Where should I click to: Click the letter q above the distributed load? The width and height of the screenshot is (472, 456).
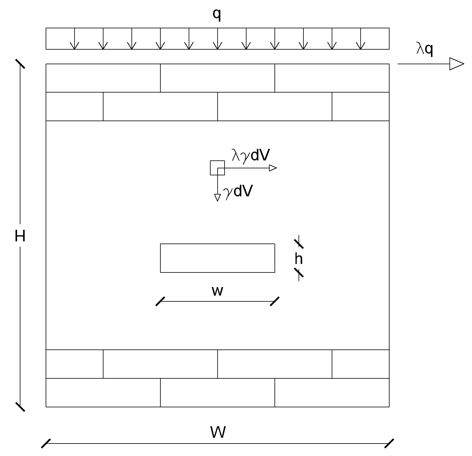pyautogui.click(x=217, y=15)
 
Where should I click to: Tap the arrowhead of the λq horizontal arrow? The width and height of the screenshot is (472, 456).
pyautogui.click(x=456, y=64)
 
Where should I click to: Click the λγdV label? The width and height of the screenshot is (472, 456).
pyautogui.click(x=250, y=155)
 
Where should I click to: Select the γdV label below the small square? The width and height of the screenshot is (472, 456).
pyautogui.click(x=238, y=191)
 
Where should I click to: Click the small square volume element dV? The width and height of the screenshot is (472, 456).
pyautogui.click(x=217, y=168)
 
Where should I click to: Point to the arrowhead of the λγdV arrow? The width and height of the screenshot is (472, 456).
pyautogui.click(x=273, y=168)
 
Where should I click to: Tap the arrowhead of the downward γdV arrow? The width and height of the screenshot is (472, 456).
pyautogui.click(x=217, y=198)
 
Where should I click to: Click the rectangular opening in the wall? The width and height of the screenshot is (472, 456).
pyautogui.click(x=217, y=258)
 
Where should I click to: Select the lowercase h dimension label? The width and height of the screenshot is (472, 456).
pyautogui.click(x=299, y=259)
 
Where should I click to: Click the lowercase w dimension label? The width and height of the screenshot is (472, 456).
pyautogui.click(x=217, y=291)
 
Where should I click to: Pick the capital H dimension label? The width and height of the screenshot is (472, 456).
pyautogui.click(x=20, y=236)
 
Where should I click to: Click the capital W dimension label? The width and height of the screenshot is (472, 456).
pyautogui.click(x=218, y=432)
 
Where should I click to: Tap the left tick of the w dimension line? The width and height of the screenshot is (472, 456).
pyautogui.click(x=160, y=301)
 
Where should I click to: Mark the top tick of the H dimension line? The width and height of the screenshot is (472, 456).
pyautogui.click(x=20, y=64)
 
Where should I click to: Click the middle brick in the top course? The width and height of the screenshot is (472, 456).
pyautogui.click(x=217, y=78)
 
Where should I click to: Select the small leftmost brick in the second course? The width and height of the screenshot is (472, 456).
pyautogui.click(x=75, y=107)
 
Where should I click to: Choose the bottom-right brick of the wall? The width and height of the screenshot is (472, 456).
pyautogui.click(x=332, y=392)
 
